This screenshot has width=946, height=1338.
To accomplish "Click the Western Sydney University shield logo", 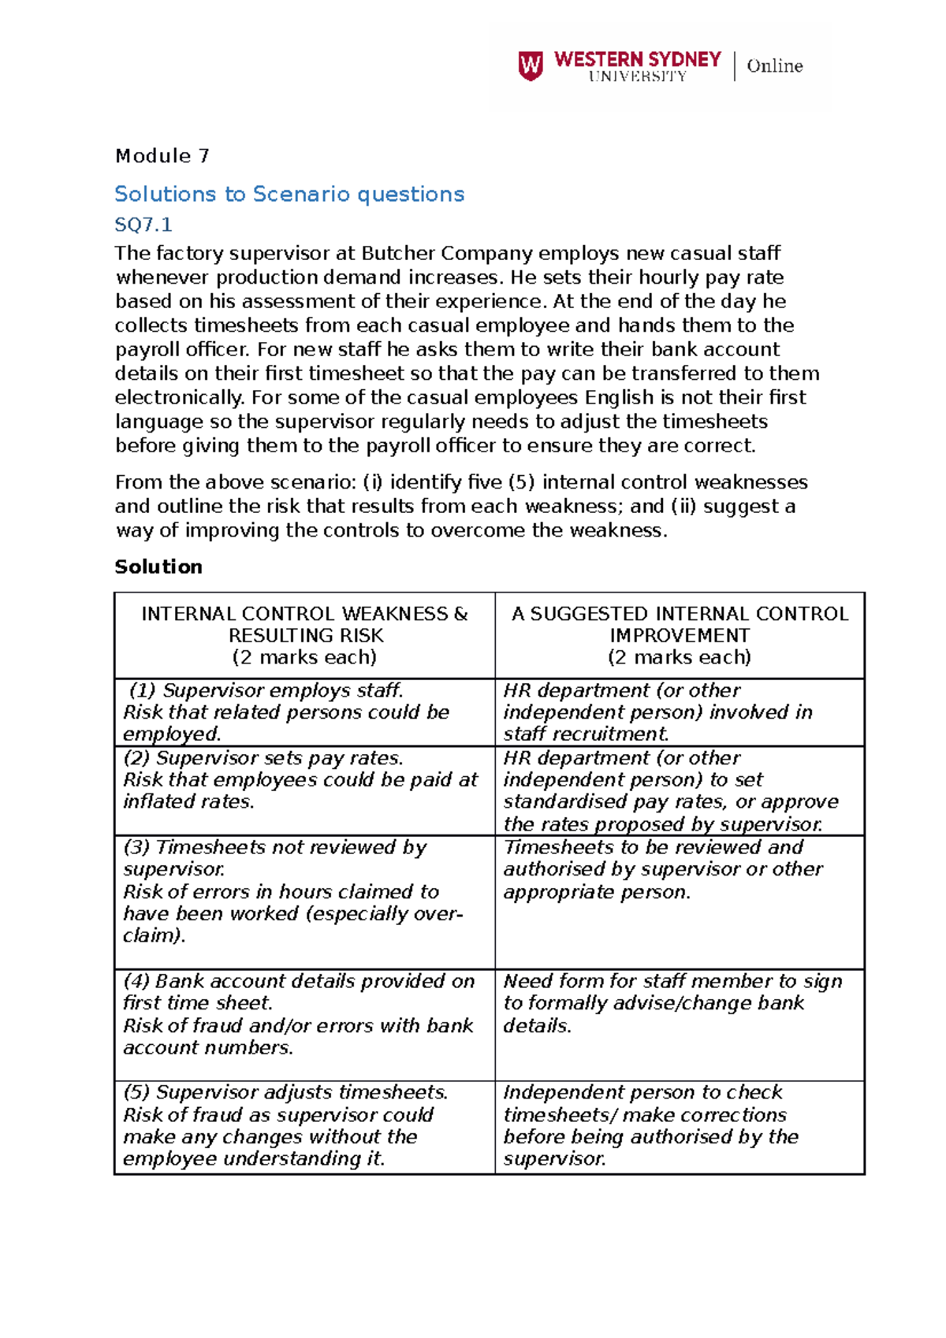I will (530, 65).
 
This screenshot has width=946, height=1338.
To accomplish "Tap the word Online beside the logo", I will (774, 66).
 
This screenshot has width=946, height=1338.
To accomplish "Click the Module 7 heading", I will (162, 156).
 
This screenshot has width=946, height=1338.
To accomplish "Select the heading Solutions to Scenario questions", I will (289, 194).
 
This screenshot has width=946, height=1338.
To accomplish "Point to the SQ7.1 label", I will (143, 225).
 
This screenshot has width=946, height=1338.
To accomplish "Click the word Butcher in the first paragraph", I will (398, 254).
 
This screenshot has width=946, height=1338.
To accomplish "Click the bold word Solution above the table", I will (158, 567).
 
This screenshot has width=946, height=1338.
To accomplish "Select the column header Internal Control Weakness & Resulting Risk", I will (305, 635).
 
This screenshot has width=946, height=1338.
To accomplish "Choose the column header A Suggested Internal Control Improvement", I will (680, 635).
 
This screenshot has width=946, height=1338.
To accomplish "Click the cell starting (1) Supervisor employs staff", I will (305, 712).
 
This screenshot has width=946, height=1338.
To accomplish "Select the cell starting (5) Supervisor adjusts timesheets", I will (305, 1125).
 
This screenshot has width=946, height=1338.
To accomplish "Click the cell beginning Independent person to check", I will (680, 1125).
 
